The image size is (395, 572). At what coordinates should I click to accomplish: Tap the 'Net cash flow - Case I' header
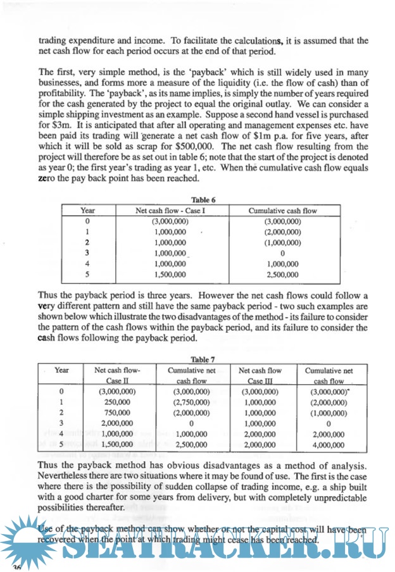[169, 211]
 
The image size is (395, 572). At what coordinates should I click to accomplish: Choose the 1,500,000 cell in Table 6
[169, 275]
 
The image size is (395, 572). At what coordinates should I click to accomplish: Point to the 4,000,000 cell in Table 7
[329, 445]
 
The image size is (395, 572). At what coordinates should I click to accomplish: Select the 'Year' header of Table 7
[61, 370]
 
